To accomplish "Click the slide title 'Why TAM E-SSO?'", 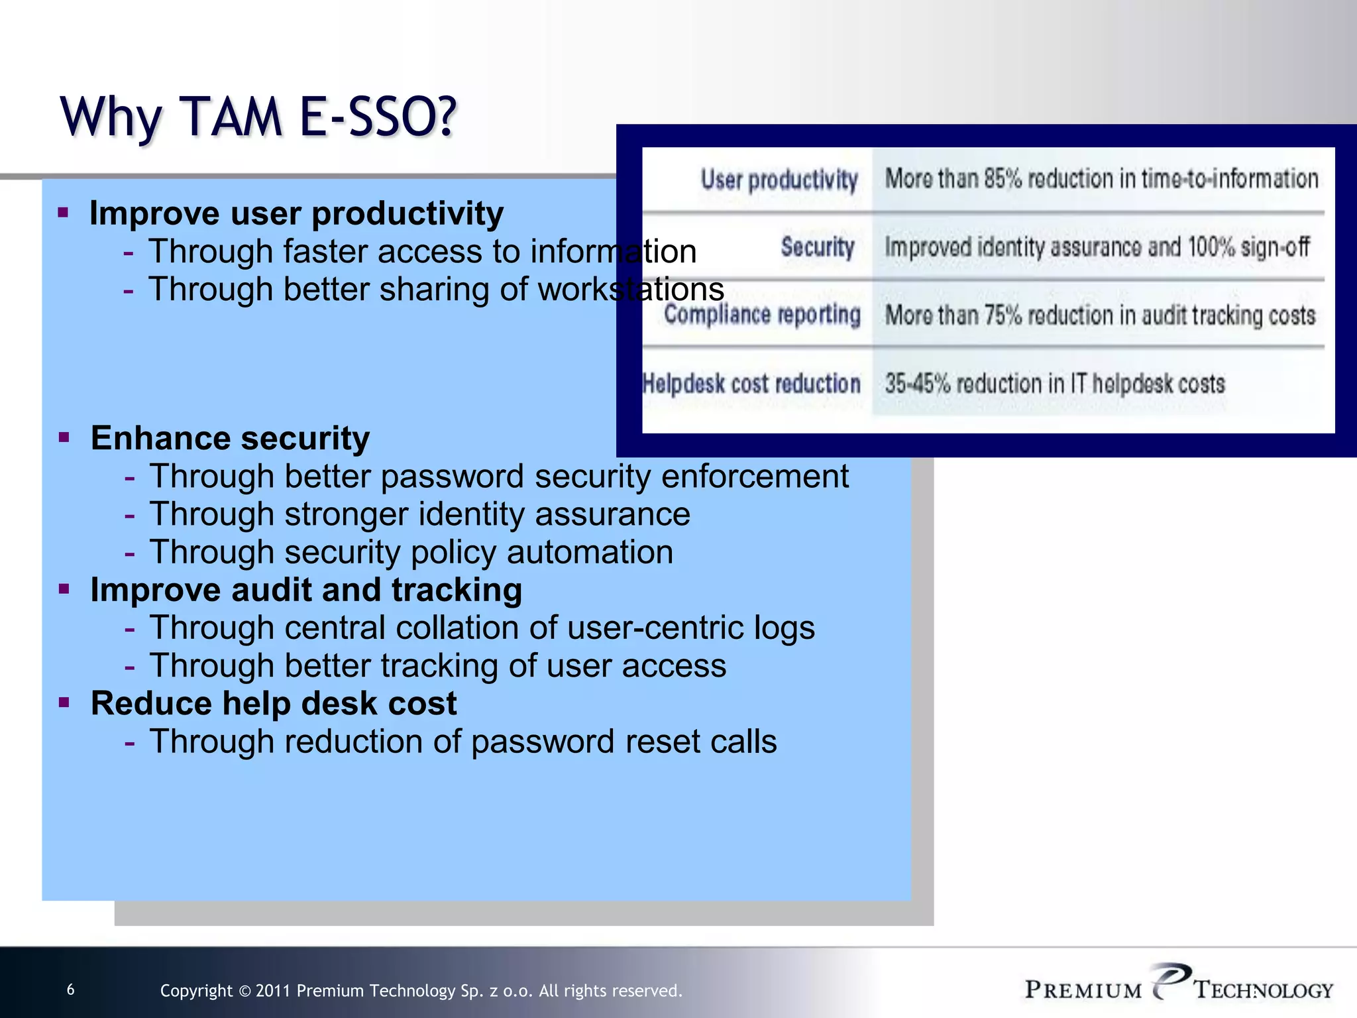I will tap(258, 117).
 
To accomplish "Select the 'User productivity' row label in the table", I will tap(779, 180).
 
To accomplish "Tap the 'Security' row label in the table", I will tap(817, 247).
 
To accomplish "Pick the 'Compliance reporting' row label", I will tap(762, 314).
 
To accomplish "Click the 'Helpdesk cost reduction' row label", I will tap(751, 383).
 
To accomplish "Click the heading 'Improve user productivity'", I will tap(296, 213).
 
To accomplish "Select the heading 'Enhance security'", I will tap(230, 438).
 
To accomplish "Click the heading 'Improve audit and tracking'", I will tap(306, 590).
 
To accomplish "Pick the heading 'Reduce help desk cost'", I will tap(274, 703).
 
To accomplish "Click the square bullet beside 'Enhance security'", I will tap(64, 437).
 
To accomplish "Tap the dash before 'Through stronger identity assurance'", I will tap(129, 515).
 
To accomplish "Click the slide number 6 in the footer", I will tap(71, 990).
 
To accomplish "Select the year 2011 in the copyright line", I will tap(273, 991).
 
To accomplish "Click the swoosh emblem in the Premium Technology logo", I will tap(1170, 979).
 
